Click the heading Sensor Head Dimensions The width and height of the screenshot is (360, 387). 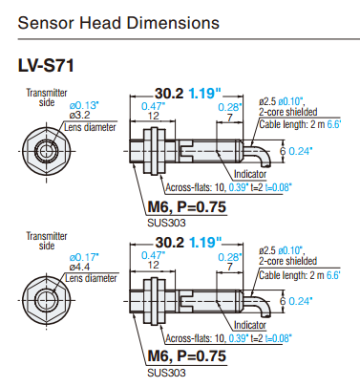pyautogui.click(x=118, y=23)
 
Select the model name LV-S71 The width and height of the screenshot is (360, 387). pyautogui.click(x=46, y=66)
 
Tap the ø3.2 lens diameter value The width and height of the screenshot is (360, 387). pyautogui.click(x=79, y=115)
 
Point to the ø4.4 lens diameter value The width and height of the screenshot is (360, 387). pyautogui.click(x=79, y=267)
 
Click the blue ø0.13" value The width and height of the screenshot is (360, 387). pyautogui.click(x=84, y=105)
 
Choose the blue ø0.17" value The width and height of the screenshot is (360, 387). pyautogui.click(x=84, y=257)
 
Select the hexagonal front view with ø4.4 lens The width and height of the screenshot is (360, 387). pyautogui.click(x=47, y=300)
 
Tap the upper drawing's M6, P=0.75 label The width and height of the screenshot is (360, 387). pyautogui.click(x=187, y=206)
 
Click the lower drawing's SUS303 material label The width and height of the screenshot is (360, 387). pyautogui.click(x=166, y=373)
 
